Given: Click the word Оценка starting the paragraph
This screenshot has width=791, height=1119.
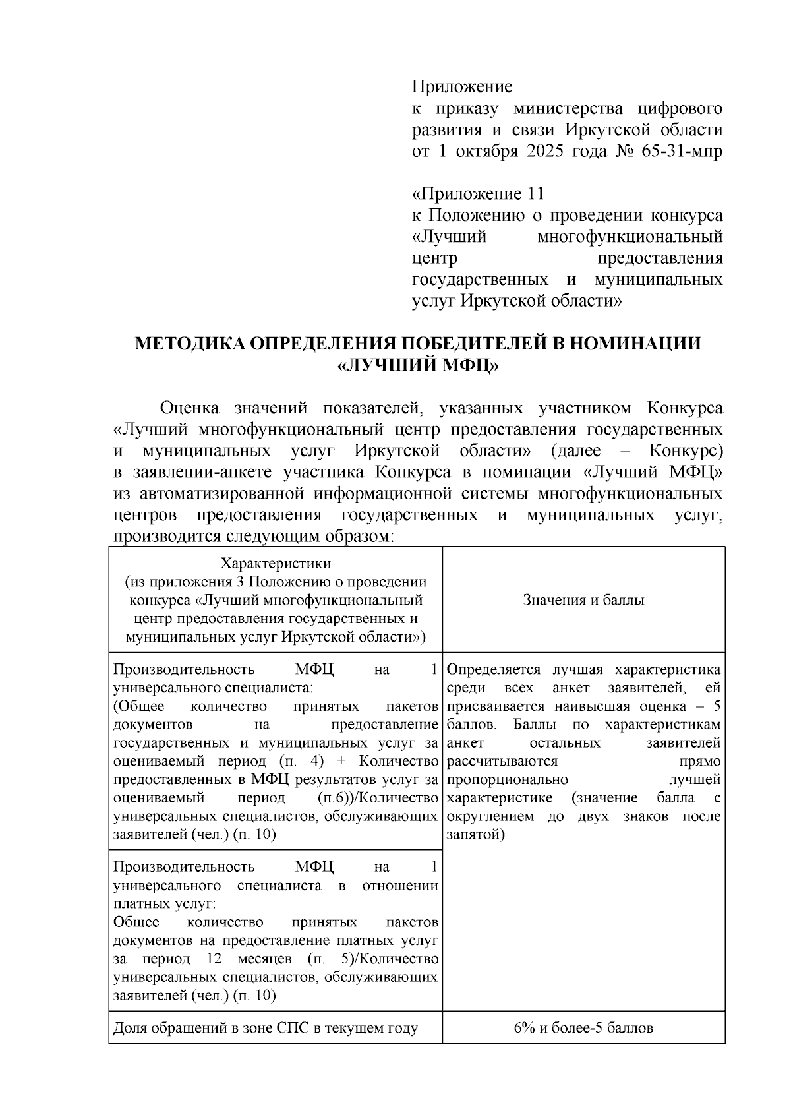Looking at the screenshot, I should tap(190, 408).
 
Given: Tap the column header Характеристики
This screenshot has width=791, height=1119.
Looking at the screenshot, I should tap(275, 564).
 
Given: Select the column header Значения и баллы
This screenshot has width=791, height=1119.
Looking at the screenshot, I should tap(583, 600).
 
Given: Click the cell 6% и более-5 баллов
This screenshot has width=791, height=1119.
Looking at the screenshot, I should tap(583, 1027).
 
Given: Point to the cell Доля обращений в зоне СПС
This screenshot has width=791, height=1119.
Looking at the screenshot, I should tap(266, 1027).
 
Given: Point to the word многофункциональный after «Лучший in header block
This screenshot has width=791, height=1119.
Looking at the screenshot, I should tap(630, 237).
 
